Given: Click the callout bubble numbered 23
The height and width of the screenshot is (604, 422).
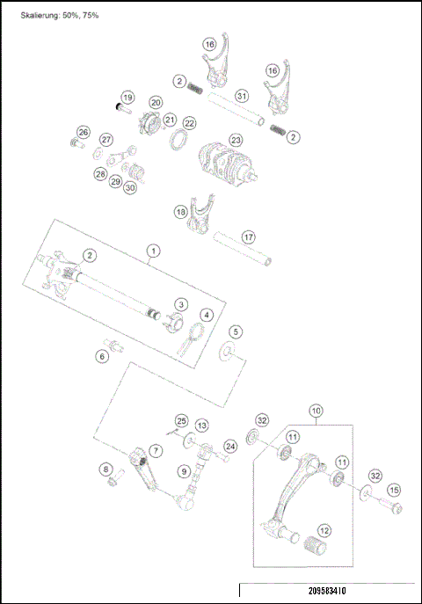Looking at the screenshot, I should point(236,140).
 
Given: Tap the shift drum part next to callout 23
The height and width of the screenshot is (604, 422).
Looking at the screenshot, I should point(226,164).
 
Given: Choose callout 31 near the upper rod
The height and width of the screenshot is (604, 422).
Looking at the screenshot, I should point(242,95).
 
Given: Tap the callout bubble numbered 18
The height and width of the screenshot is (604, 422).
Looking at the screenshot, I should point(180,212).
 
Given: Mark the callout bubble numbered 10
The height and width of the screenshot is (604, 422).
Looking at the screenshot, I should point(316,410).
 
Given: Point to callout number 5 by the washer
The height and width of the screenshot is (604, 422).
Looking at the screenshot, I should point(236,332).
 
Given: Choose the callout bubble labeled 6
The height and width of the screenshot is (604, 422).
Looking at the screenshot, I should point(102,356).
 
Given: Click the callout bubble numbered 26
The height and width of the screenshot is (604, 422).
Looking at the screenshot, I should point(84,132).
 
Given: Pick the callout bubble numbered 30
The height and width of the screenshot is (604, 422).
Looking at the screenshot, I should point(130,186).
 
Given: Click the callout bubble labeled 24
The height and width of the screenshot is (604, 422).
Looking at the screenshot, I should point(230,446).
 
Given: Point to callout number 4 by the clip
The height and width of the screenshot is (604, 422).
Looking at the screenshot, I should point(206,315).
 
